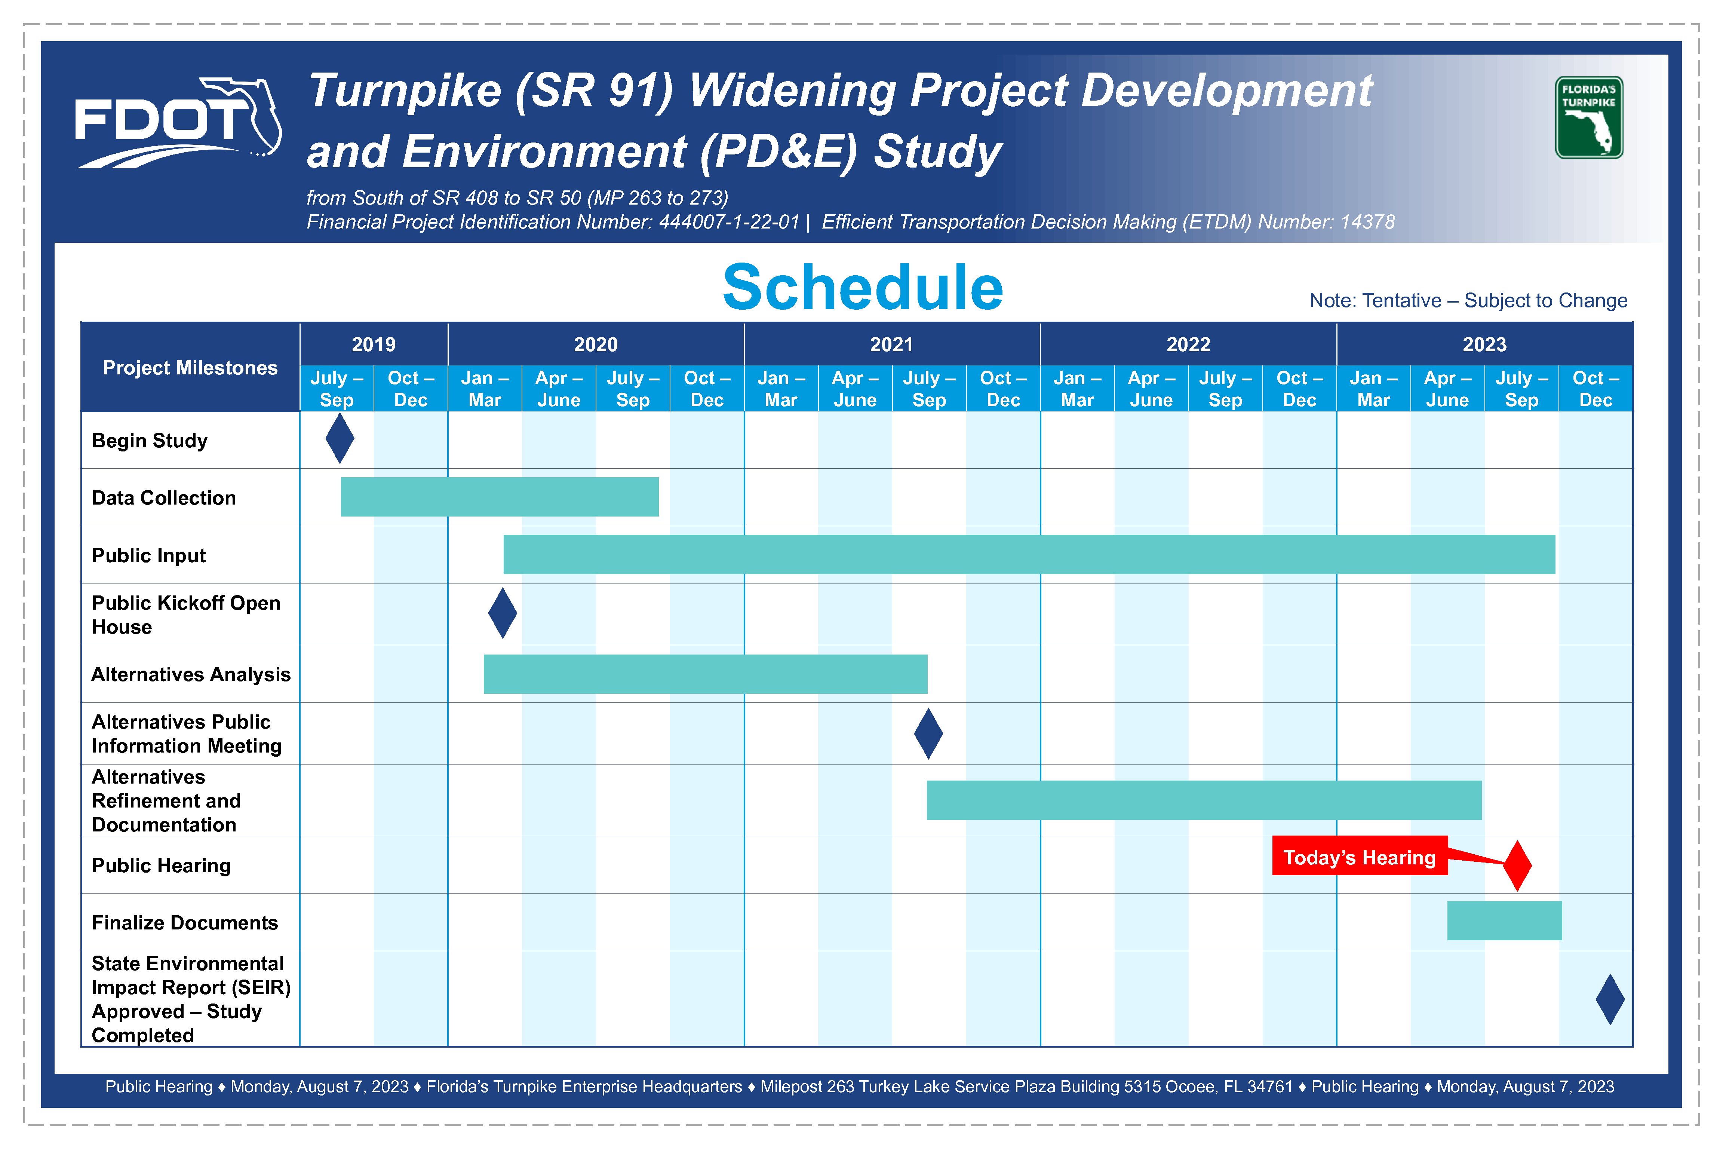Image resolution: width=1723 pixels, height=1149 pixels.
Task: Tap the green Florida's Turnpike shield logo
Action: (1588, 118)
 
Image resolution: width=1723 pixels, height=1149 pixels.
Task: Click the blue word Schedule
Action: (862, 287)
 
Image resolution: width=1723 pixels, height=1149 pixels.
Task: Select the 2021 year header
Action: (891, 344)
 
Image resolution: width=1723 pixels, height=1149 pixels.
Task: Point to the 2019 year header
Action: (374, 344)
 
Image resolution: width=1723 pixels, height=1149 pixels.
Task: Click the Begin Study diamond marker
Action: (340, 438)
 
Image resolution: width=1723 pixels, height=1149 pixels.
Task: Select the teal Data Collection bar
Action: (500, 497)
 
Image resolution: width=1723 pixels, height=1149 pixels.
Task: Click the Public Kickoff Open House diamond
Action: (503, 613)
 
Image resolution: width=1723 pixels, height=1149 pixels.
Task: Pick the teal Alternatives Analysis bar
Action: (706, 674)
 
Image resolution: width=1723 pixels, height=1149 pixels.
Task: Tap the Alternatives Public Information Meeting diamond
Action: (928, 733)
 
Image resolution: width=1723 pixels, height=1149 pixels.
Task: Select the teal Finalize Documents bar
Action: (1505, 920)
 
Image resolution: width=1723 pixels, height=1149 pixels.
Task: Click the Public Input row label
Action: (149, 555)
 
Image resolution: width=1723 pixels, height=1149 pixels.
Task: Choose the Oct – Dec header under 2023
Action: (1595, 388)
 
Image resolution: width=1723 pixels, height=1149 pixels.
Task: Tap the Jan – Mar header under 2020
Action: (485, 388)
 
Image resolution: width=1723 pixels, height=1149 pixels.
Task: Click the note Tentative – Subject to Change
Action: (1468, 300)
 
